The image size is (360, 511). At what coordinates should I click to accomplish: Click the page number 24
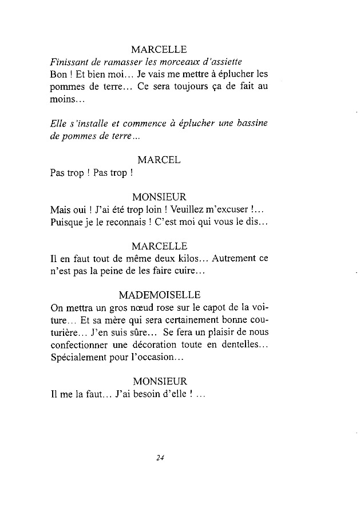click(160, 457)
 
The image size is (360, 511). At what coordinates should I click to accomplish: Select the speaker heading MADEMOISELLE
click(160, 295)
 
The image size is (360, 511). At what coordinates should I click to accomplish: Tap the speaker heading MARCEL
click(159, 160)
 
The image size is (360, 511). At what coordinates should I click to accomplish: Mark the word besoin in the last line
click(149, 394)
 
